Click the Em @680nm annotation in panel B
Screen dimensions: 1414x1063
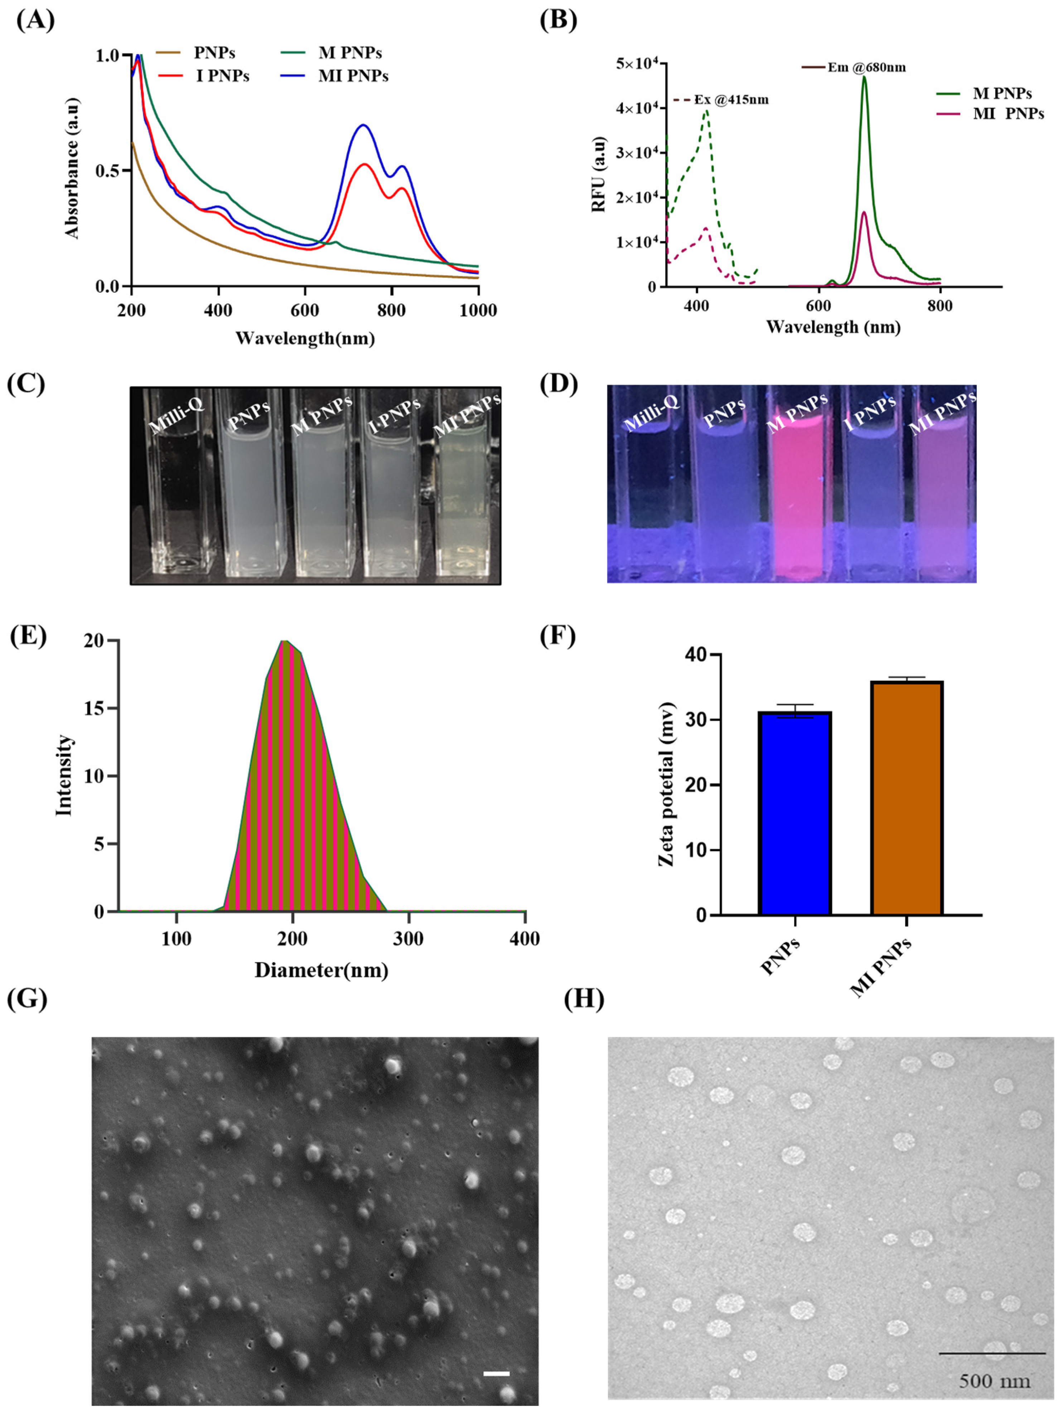tap(866, 67)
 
